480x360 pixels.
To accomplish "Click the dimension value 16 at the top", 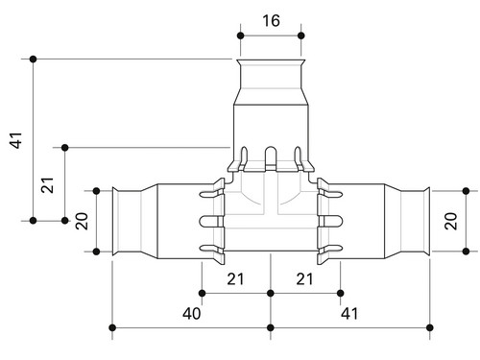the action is pyautogui.click(x=271, y=20).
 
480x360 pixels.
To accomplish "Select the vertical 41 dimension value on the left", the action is pyautogui.click(x=15, y=140).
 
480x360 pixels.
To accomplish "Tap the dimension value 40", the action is pyautogui.click(x=192, y=313).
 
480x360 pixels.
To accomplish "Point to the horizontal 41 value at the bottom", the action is pyautogui.click(x=349, y=313).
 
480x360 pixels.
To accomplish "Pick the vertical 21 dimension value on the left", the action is pyautogui.click(x=47, y=185).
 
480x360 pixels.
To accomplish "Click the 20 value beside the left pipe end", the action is pyautogui.click(x=82, y=221).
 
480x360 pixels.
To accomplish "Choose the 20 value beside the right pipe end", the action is pyautogui.click(x=450, y=221).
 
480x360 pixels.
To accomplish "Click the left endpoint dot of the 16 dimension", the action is pyautogui.click(x=241, y=36).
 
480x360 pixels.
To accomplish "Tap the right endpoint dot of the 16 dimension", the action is pyautogui.click(x=300, y=36).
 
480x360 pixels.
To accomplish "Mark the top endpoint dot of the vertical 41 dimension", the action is pyautogui.click(x=33, y=60).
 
